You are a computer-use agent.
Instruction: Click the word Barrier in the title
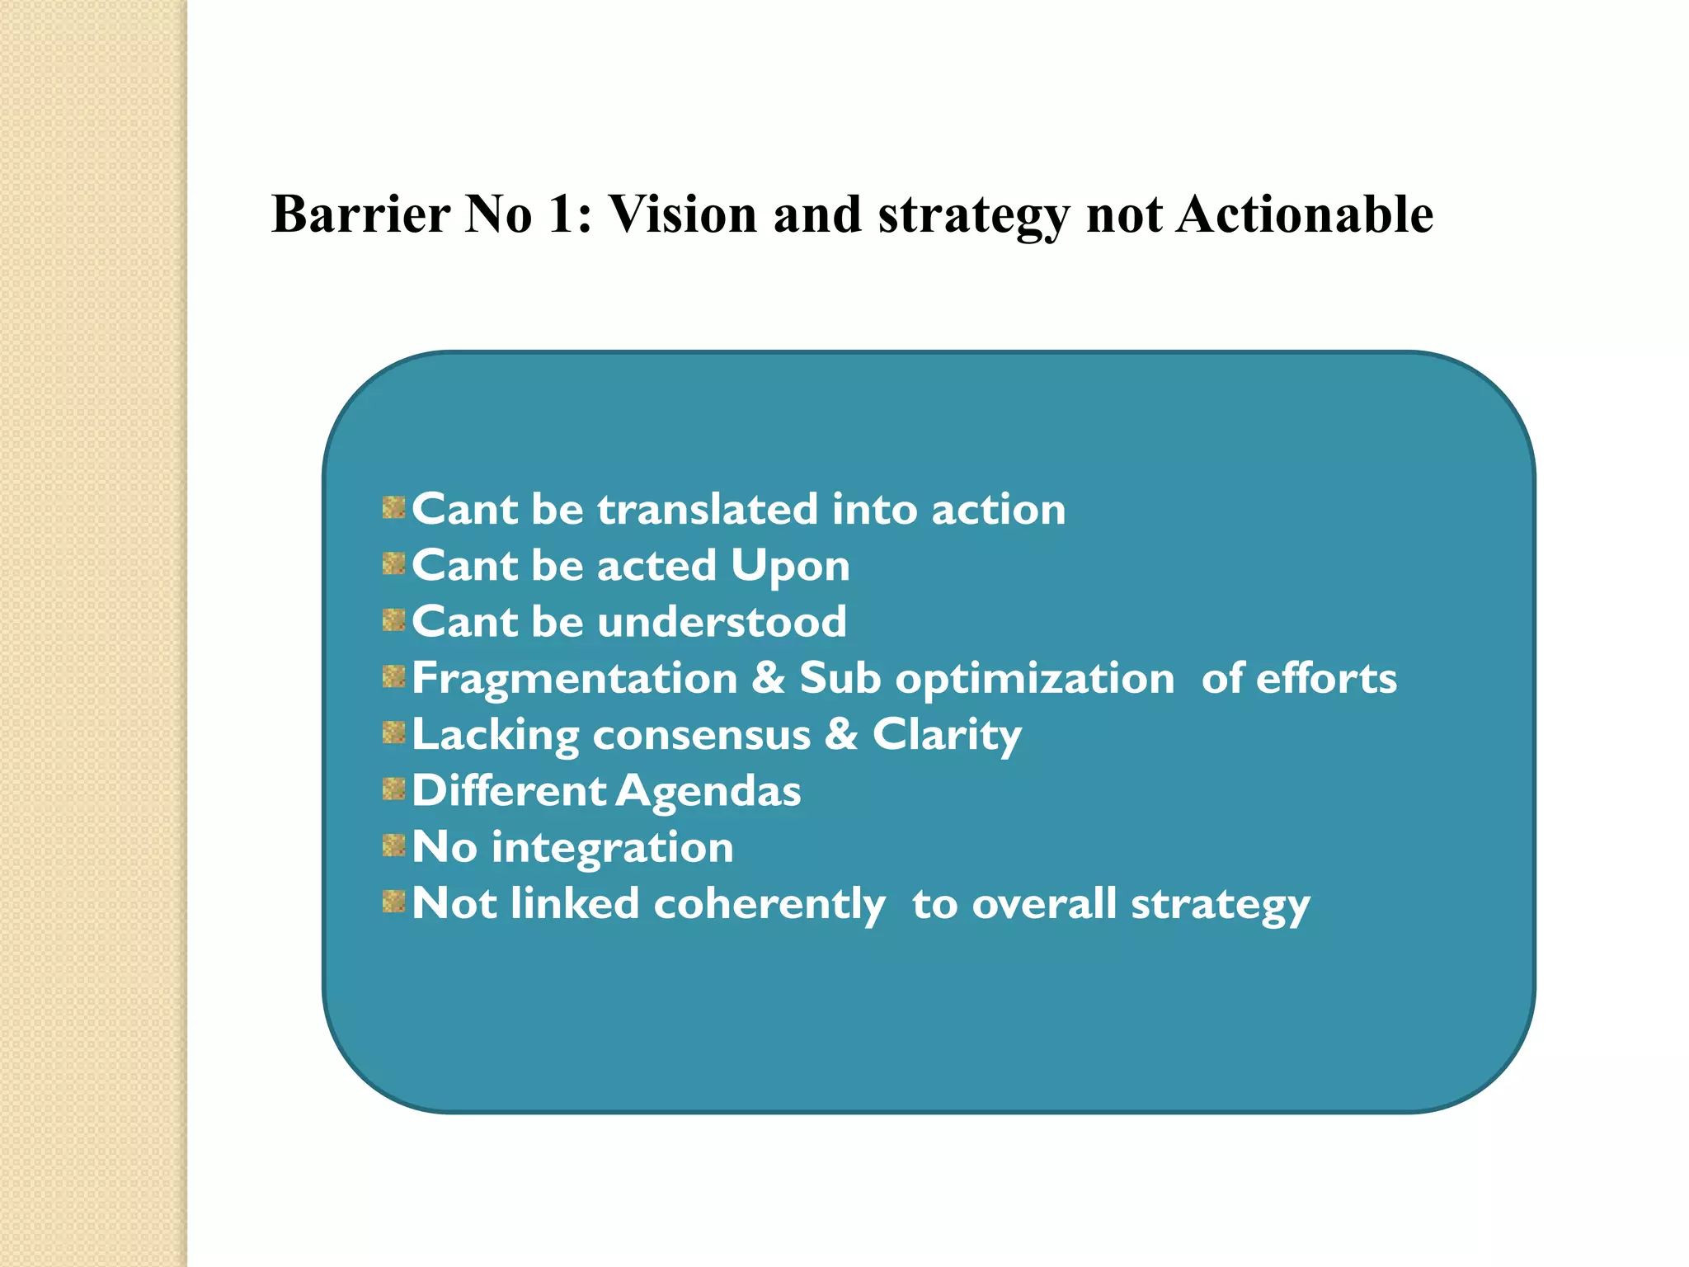[360, 214]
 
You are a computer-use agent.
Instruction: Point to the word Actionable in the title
[1305, 214]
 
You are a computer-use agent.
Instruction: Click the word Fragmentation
[575, 679]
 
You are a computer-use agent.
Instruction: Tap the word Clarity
[947, 736]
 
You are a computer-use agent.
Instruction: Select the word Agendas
[708, 792]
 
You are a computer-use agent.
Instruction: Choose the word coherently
[769, 905]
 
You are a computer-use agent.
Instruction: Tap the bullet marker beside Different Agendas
[394, 789]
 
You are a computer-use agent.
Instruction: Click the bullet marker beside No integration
[394, 845]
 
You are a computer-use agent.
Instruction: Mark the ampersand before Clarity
[841, 734]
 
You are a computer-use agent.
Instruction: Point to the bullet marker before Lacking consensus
[394, 732]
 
